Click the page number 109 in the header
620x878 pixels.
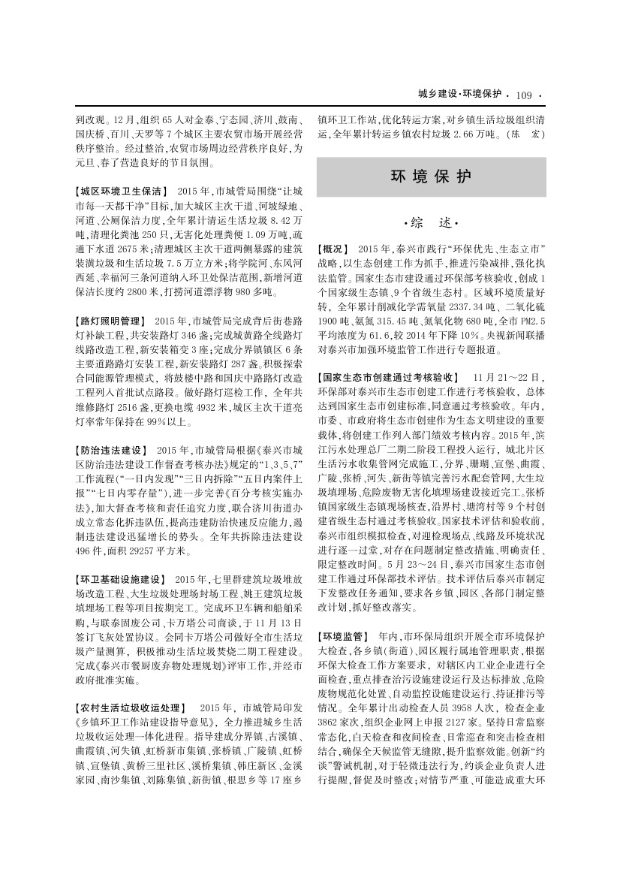click(x=524, y=95)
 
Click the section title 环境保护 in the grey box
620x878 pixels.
click(x=431, y=177)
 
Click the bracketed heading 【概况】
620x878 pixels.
click(x=335, y=249)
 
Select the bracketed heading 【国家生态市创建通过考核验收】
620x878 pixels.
click(x=388, y=378)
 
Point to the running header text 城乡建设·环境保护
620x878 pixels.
click(x=460, y=95)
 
